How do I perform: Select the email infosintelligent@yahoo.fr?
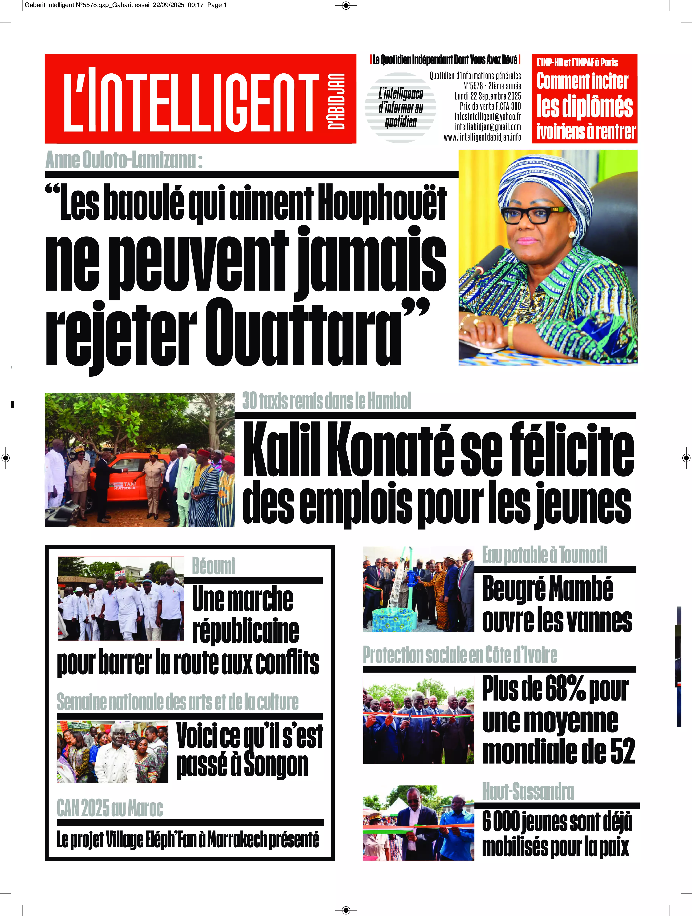[x=487, y=117]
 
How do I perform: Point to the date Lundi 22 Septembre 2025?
[x=487, y=96]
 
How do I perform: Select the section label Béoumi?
[x=213, y=566]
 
